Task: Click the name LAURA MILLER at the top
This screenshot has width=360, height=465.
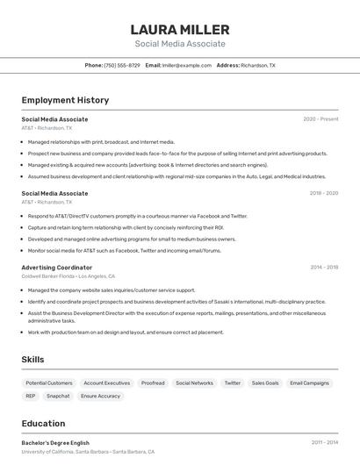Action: pos(180,30)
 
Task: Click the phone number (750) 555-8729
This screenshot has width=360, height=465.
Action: pos(121,65)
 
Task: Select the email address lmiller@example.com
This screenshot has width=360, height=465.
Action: pos(186,65)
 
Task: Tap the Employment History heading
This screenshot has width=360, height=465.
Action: pos(65,101)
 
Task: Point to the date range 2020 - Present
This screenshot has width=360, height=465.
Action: pos(320,119)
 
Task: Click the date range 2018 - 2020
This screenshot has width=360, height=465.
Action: pos(323,193)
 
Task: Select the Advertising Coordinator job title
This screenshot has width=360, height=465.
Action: pos(56,268)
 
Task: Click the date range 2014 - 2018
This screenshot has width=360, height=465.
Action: pos(324,268)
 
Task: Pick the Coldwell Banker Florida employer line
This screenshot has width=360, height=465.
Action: pos(68,276)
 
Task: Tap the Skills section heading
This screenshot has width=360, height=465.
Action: pos(32,360)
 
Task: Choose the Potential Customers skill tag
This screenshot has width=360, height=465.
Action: pos(49,383)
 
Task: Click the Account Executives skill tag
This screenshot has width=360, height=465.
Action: pos(106,383)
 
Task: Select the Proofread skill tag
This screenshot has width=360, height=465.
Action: pos(153,383)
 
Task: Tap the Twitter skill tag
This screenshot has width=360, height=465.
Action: pos(232,383)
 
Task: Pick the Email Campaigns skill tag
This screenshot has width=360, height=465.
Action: pos(309,383)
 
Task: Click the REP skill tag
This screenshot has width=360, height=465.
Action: pos(31,397)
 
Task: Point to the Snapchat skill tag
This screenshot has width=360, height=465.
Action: pos(58,397)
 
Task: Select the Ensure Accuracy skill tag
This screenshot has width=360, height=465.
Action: pos(100,397)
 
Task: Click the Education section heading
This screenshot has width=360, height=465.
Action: pos(43,424)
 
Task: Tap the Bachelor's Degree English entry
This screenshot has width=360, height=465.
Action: pos(55,443)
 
